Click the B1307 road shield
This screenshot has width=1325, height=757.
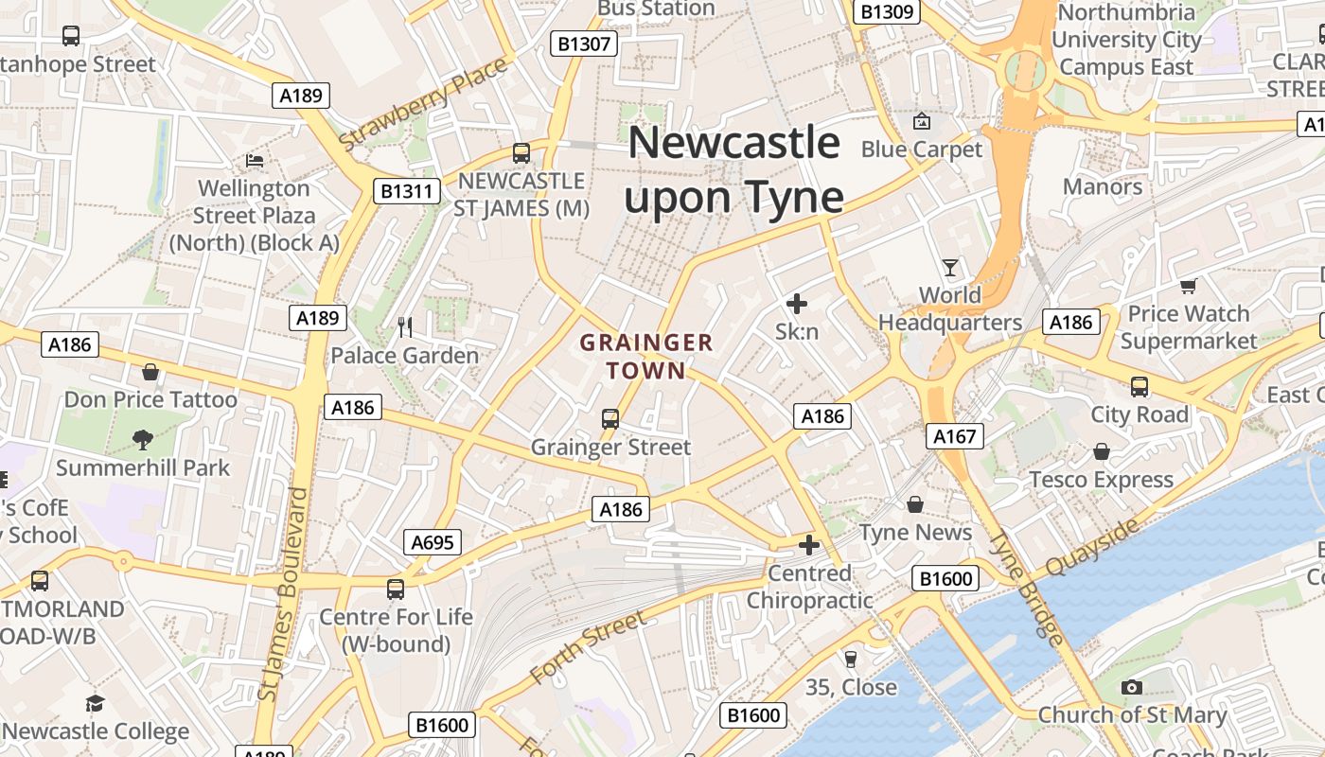tap(585, 43)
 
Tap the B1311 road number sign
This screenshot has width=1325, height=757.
tap(407, 191)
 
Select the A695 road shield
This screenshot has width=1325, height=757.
tap(434, 542)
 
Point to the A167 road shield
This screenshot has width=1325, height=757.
tap(954, 436)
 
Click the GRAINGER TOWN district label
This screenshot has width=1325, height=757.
tap(646, 356)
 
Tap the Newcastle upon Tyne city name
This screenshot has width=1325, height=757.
tap(734, 170)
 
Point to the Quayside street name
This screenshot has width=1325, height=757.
tap(1093, 548)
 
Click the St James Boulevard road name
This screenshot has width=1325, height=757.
tap(283, 594)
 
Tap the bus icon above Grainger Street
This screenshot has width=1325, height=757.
tap(610, 418)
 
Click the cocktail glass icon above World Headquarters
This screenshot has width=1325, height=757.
tap(950, 268)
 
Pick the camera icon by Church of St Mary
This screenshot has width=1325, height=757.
tap(1131, 688)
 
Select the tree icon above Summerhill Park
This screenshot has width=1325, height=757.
tap(143, 439)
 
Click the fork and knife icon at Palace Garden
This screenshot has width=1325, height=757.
tap(405, 327)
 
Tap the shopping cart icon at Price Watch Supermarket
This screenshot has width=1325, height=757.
tap(1189, 286)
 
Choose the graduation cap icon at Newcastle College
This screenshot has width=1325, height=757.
tap(95, 703)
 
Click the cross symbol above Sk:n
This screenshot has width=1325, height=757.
tap(797, 304)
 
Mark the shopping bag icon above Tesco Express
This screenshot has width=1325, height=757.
tap(1101, 451)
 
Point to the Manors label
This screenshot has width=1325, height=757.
tap(1103, 186)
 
